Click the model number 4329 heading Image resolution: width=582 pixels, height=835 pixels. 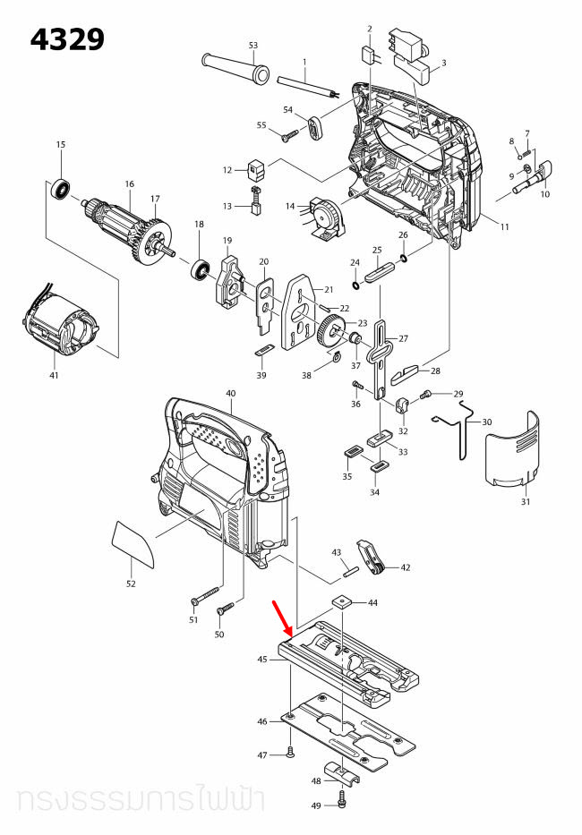coord(67,39)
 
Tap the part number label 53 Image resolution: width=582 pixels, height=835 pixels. coord(252,45)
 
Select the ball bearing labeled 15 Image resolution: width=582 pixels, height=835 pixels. coord(61,189)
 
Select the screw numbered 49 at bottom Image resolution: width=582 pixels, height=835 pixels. coord(342,796)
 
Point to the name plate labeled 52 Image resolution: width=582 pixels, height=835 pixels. coord(133,543)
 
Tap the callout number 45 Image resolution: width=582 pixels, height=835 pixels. coord(262,660)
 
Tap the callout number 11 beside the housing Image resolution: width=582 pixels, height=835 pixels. coord(505,227)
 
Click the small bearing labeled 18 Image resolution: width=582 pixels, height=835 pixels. coord(199,268)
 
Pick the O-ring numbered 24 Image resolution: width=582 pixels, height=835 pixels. coord(356,285)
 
